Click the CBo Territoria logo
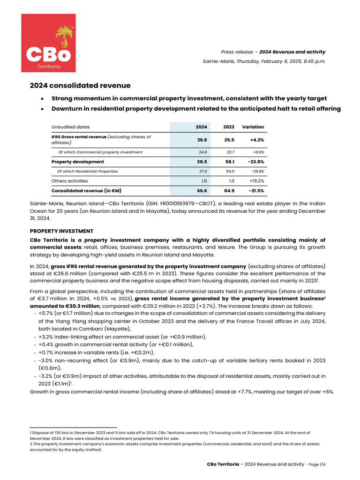pos(48,43)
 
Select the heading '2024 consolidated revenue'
pos(80,85)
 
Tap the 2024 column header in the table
pos(201,127)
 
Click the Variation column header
pos(253,127)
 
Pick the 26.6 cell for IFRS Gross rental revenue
pos(202,139)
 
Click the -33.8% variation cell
pos(254,162)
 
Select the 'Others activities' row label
pos(69,180)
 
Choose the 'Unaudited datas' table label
pos(70,127)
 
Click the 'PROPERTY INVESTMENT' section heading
pos(61,231)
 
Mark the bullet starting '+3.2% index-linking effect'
pos(122,337)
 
